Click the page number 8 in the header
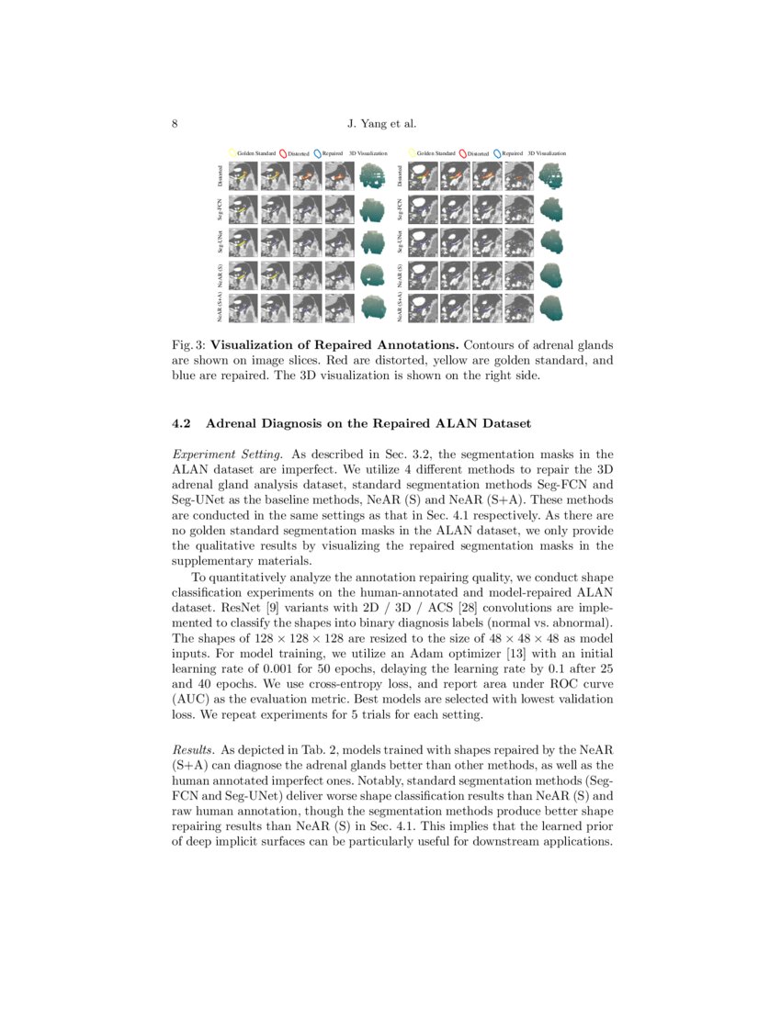(175, 125)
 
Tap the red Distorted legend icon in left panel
(283, 153)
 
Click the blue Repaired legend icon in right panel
(497, 153)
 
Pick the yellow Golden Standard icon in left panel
(232, 153)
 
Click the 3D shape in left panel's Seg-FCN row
(373, 209)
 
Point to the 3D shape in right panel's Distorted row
(552, 175)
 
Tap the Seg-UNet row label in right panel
(400, 241)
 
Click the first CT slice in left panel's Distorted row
(243, 175)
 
